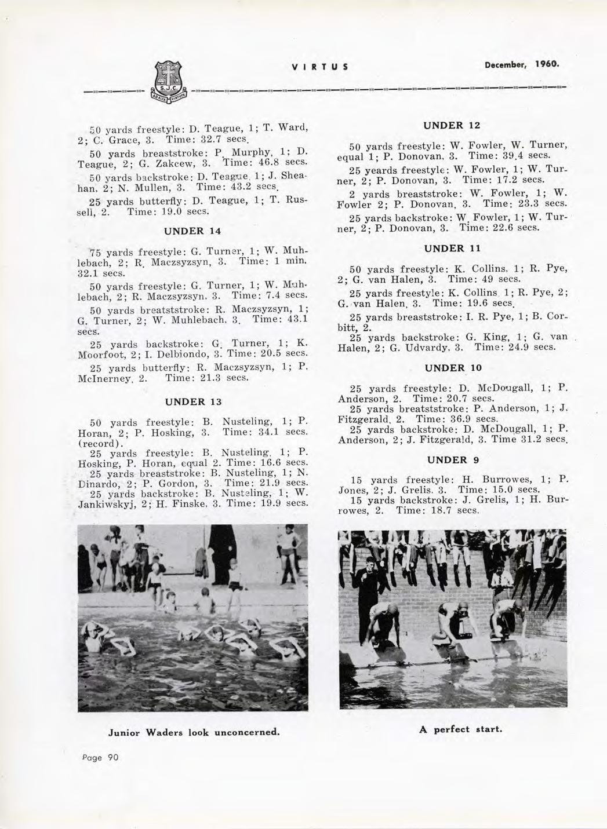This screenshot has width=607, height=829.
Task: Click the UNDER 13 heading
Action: coord(194,401)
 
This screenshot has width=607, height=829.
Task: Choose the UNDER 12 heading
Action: coord(450,125)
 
